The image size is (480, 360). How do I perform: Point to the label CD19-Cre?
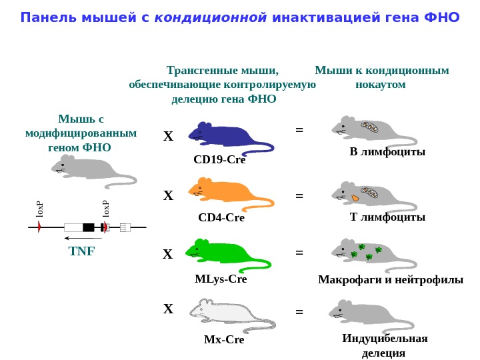(219, 160)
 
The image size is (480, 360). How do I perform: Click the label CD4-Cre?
(221, 217)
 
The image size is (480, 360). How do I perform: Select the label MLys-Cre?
(221, 279)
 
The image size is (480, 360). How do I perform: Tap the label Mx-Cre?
(224, 340)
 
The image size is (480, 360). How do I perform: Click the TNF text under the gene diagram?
(82, 251)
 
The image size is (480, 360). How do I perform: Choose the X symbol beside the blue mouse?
(168, 137)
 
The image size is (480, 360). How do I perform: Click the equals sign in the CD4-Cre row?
(299, 196)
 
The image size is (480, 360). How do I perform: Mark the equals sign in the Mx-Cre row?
(299, 311)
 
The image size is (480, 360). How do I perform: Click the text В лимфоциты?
(387, 152)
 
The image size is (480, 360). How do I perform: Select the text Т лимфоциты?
(387, 217)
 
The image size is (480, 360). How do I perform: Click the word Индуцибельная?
(385, 338)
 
